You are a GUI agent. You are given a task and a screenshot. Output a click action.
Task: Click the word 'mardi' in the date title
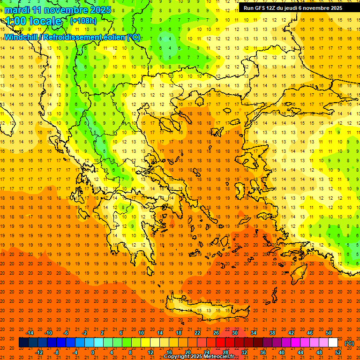16,10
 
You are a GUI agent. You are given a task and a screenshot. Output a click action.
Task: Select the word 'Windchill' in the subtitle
22,37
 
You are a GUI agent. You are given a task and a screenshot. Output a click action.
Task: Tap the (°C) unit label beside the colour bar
349,343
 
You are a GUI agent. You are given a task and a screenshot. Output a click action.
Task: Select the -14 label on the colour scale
30,333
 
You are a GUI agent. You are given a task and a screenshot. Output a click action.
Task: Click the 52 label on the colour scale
338,352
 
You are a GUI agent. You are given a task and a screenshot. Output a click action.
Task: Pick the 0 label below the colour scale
93,352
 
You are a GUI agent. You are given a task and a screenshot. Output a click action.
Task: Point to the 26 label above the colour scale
216,333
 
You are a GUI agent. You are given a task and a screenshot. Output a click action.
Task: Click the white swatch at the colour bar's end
333,343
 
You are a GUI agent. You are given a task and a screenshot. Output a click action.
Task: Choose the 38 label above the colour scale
272,333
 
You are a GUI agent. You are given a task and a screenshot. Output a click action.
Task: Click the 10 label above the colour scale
141,333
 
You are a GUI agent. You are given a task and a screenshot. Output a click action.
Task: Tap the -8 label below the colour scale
57,352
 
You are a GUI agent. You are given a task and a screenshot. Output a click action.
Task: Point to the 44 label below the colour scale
300,352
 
